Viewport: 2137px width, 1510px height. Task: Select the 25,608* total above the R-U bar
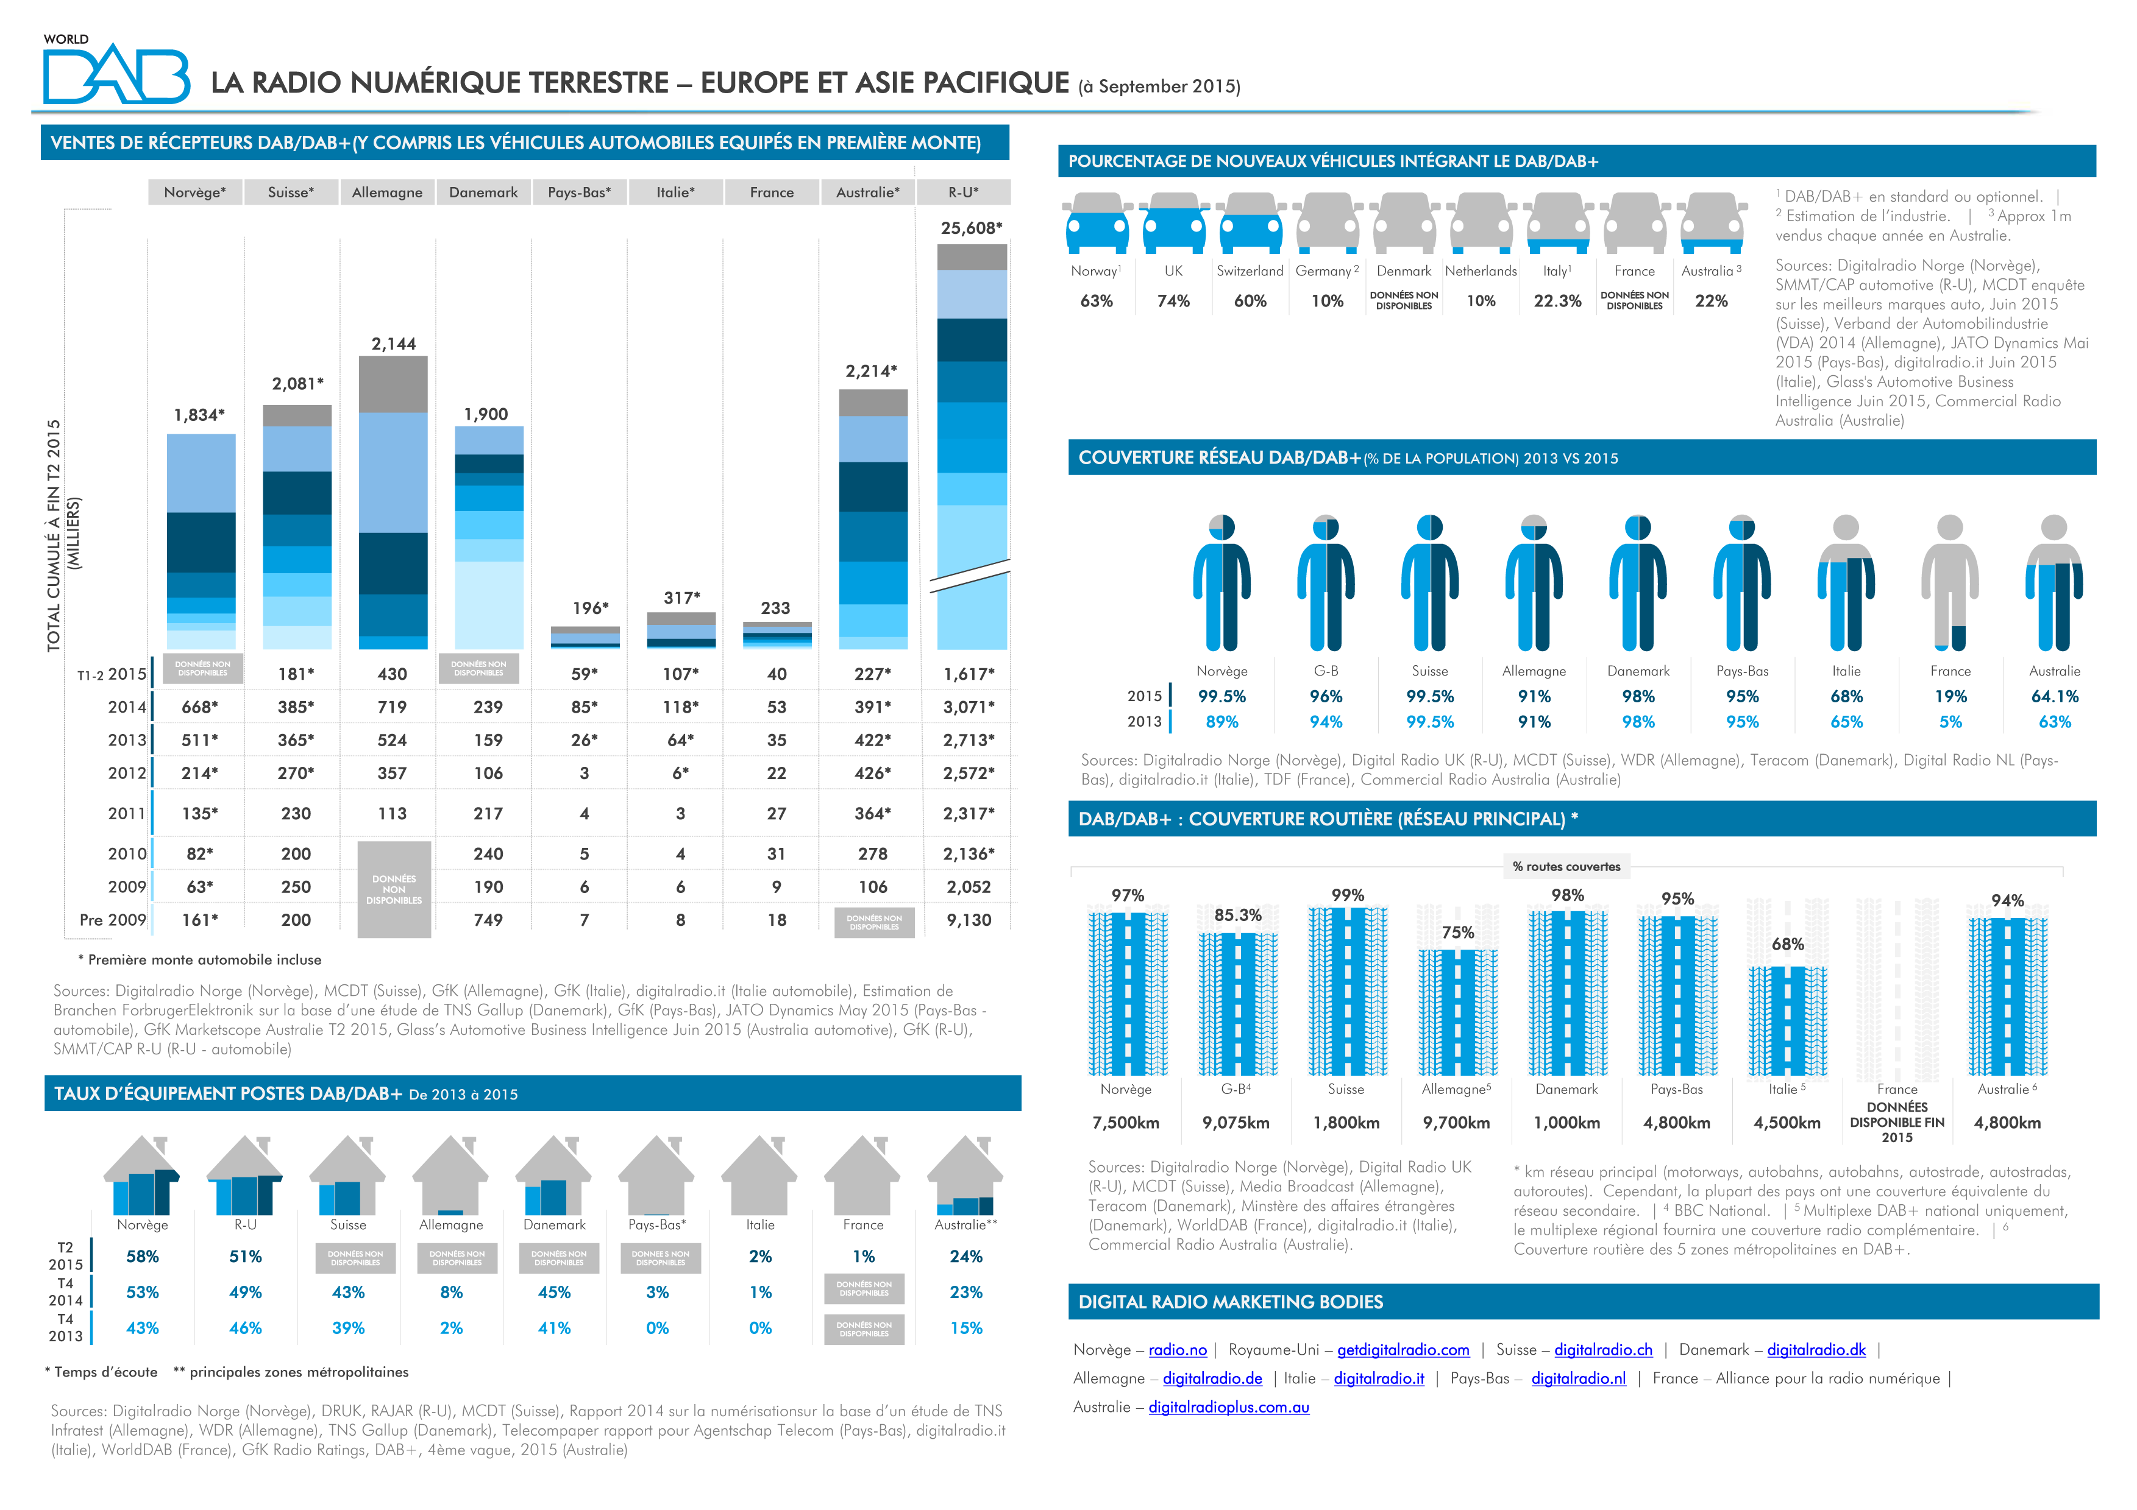(971, 228)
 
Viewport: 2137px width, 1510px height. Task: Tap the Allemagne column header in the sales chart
(387, 192)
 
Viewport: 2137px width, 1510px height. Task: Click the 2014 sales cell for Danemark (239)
(488, 707)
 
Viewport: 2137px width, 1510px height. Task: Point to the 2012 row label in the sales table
(127, 773)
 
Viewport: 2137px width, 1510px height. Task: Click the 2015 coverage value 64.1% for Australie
(2054, 697)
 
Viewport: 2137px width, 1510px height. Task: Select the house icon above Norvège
(141, 1177)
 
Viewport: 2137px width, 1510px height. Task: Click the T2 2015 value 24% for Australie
(966, 1257)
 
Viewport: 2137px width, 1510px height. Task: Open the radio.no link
(1178, 1350)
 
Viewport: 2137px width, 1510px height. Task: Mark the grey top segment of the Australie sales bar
(872, 403)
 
